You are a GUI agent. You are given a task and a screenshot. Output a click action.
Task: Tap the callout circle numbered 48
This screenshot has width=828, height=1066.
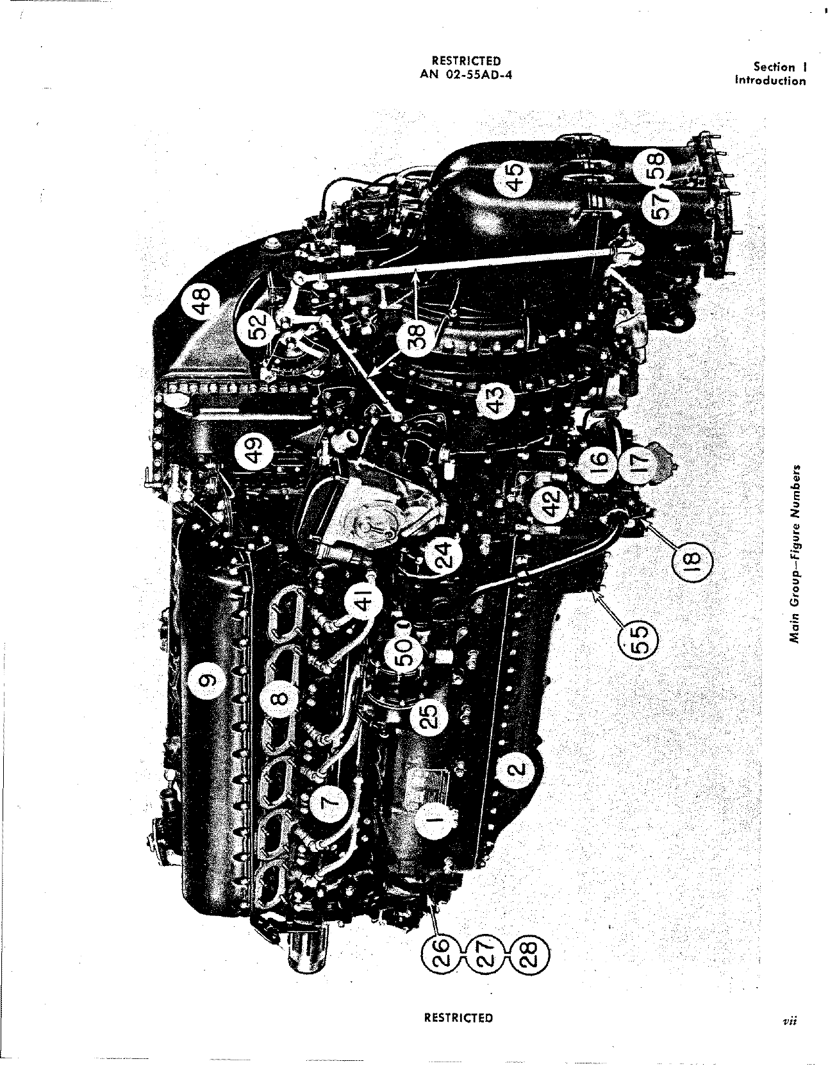[x=199, y=302]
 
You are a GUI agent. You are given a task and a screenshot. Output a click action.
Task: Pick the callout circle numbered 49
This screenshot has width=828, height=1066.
[x=255, y=450]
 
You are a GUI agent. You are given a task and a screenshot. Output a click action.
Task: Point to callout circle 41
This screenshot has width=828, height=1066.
[x=363, y=603]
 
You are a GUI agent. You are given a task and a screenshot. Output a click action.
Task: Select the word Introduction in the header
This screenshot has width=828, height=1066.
[x=770, y=80]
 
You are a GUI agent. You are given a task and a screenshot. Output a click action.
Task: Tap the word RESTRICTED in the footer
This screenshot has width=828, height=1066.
[x=459, y=1017]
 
